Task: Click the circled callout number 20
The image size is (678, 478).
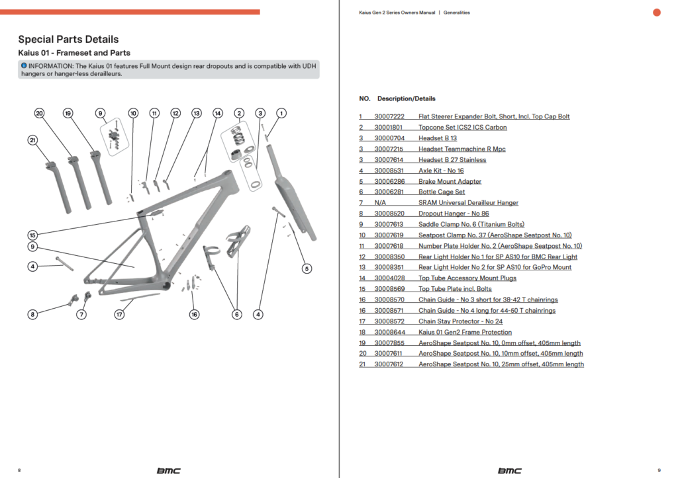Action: [x=39, y=113]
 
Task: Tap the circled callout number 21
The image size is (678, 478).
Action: [x=32, y=140]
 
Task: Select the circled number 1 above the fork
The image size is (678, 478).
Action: [x=281, y=113]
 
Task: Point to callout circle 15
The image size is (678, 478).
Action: [x=32, y=235]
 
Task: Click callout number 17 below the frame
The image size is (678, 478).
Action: [x=119, y=314]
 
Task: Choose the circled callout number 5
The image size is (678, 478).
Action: [x=307, y=268]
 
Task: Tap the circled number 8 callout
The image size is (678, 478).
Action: [x=32, y=314]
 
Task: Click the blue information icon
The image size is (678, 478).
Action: [x=24, y=65]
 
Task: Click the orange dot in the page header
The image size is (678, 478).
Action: [x=656, y=13]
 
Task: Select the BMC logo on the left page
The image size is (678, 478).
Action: [x=169, y=471]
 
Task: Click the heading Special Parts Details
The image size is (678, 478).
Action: [x=68, y=39]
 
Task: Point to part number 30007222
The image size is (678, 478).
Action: [x=389, y=116]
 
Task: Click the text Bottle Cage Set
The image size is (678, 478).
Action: [x=442, y=192]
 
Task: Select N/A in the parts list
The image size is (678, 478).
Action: [x=380, y=202]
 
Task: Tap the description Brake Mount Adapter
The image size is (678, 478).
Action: [x=450, y=181]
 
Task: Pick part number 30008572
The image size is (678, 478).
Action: [x=389, y=321]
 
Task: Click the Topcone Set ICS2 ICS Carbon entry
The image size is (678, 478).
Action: [x=462, y=128]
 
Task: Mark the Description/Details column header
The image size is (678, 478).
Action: [x=406, y=99]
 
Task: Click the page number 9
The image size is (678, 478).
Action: [x=659, y=470]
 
